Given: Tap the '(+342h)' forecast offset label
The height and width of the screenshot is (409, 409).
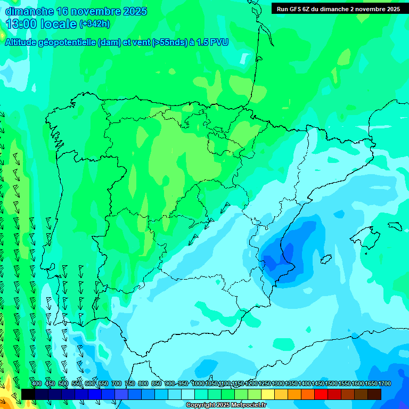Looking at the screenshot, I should [95, 24].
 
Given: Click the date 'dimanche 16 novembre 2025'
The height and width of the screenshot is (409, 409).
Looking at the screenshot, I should [76, 11].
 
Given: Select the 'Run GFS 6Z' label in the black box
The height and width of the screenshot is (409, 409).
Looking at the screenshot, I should [296, 9].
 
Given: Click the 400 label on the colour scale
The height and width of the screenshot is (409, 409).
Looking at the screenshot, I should [37, 383].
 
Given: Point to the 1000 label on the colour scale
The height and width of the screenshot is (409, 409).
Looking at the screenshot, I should [198, 383].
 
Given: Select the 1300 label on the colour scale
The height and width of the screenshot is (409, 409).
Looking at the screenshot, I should [278, 383].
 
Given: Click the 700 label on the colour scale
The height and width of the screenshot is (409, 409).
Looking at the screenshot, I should [117, 383].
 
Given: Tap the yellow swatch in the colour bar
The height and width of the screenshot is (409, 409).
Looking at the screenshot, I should [268, 394].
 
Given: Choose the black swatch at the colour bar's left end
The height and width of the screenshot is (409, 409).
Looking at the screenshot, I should [28, 394].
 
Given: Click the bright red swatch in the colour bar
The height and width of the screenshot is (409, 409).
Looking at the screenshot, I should [321, 394].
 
